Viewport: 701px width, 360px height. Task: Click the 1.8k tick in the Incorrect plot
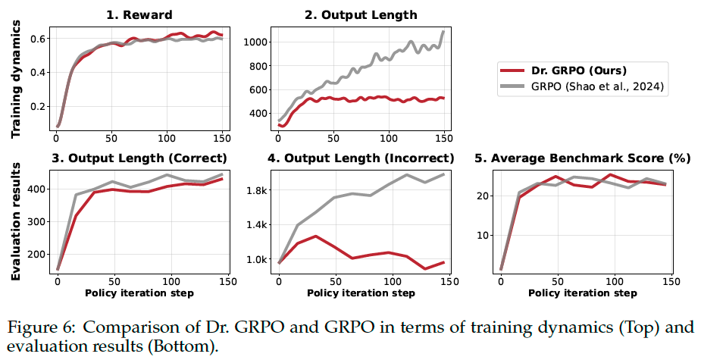(x=257, y=190)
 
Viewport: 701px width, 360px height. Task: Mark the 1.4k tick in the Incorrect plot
(x=257, y=225)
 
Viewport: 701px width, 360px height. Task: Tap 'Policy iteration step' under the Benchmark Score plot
(x=583, y=293)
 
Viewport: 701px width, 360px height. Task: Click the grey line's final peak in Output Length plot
(x=443, y=32)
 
